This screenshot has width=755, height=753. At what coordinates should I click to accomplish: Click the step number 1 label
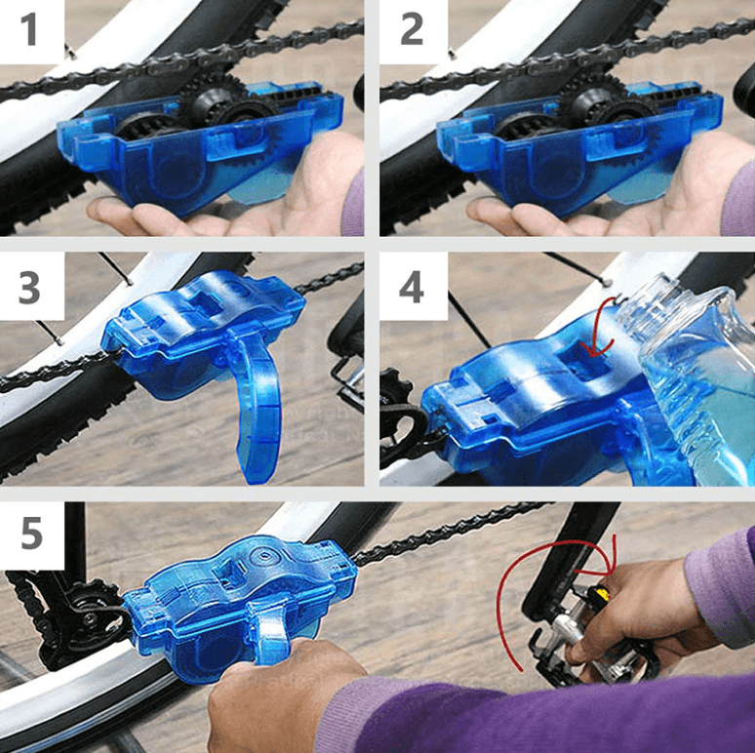coord(30,29)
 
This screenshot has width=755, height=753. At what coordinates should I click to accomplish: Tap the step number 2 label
coord(412,29)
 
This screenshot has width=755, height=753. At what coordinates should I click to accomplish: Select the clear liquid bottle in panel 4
coord(697,380)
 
